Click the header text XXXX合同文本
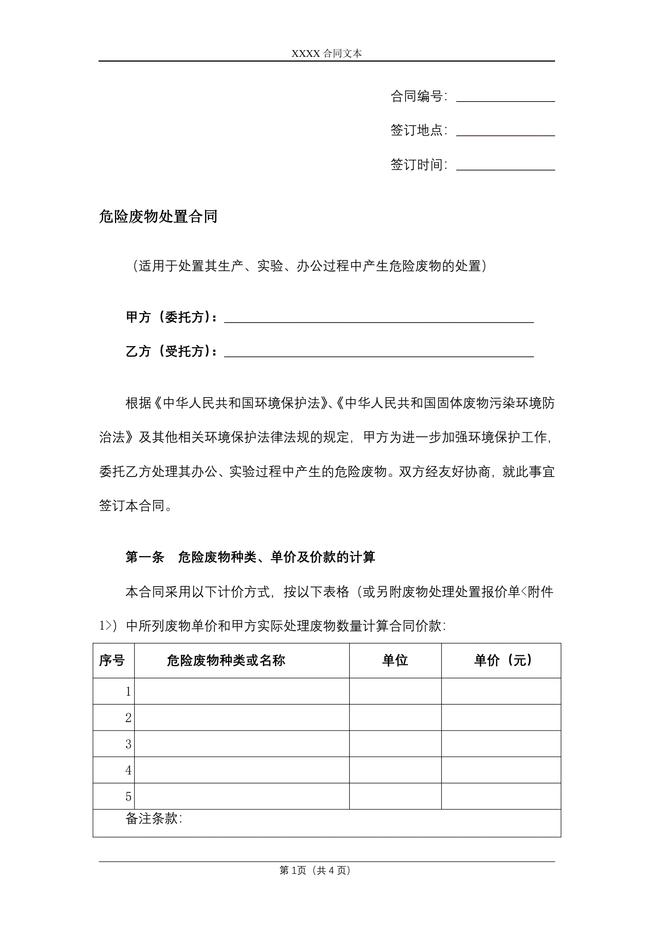coord(326,54)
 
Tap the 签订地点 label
coord(417,130)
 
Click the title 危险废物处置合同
coord(158,216)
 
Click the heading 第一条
coord(145,557)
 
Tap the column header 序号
coord(112,661)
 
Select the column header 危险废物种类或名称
coord(226,661)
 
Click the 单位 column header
coord(395,661)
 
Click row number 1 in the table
coord(128,692)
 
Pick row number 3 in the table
coord(128,744)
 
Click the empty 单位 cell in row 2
coord(395,717)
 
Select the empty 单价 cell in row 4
coord(501,770)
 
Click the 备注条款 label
coord(154,818)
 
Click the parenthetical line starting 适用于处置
coord(309,266)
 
